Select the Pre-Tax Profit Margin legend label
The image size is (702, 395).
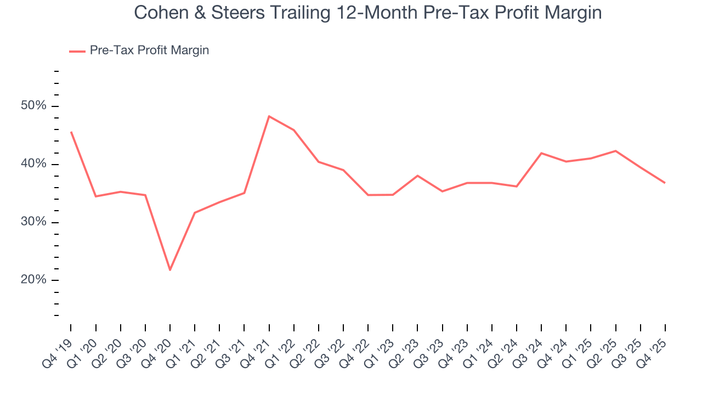coord(149,50)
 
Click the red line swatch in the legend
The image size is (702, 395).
coord(77,51)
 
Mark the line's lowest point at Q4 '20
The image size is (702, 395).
coord(170,270)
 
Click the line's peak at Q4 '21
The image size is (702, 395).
coord(269,116)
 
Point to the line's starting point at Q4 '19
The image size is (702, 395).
coord(71,132)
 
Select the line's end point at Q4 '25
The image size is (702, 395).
coord(665,183)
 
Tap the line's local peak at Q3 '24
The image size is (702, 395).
coord(541,153)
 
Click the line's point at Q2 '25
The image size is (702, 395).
coord(615,151)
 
